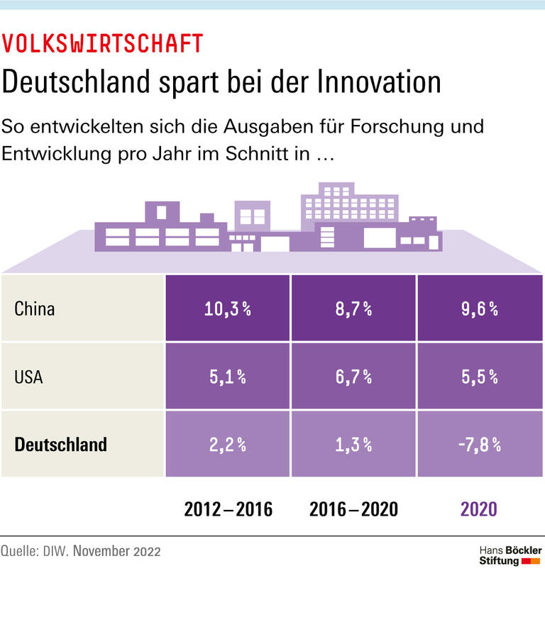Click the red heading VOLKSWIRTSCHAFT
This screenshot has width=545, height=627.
point(102,44)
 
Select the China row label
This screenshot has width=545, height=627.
point(34,309)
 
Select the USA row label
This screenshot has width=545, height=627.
point(28,377)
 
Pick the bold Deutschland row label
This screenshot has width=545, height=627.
point(61,445)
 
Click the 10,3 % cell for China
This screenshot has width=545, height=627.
point(228,309)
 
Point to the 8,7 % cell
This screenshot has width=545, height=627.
point(353,309)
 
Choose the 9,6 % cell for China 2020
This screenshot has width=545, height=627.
point(479,309)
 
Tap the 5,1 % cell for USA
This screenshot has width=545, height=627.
point(228,377)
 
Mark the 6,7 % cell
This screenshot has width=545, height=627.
point(353,377)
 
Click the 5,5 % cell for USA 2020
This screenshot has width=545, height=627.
point(479,377)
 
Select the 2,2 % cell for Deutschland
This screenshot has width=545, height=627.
point(228,445)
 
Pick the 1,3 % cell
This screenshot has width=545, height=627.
point(353,445)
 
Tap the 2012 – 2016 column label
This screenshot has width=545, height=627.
point(228,509)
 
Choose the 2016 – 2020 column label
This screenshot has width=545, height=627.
point(353,509)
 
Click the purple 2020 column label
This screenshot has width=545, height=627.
point(479,509)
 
